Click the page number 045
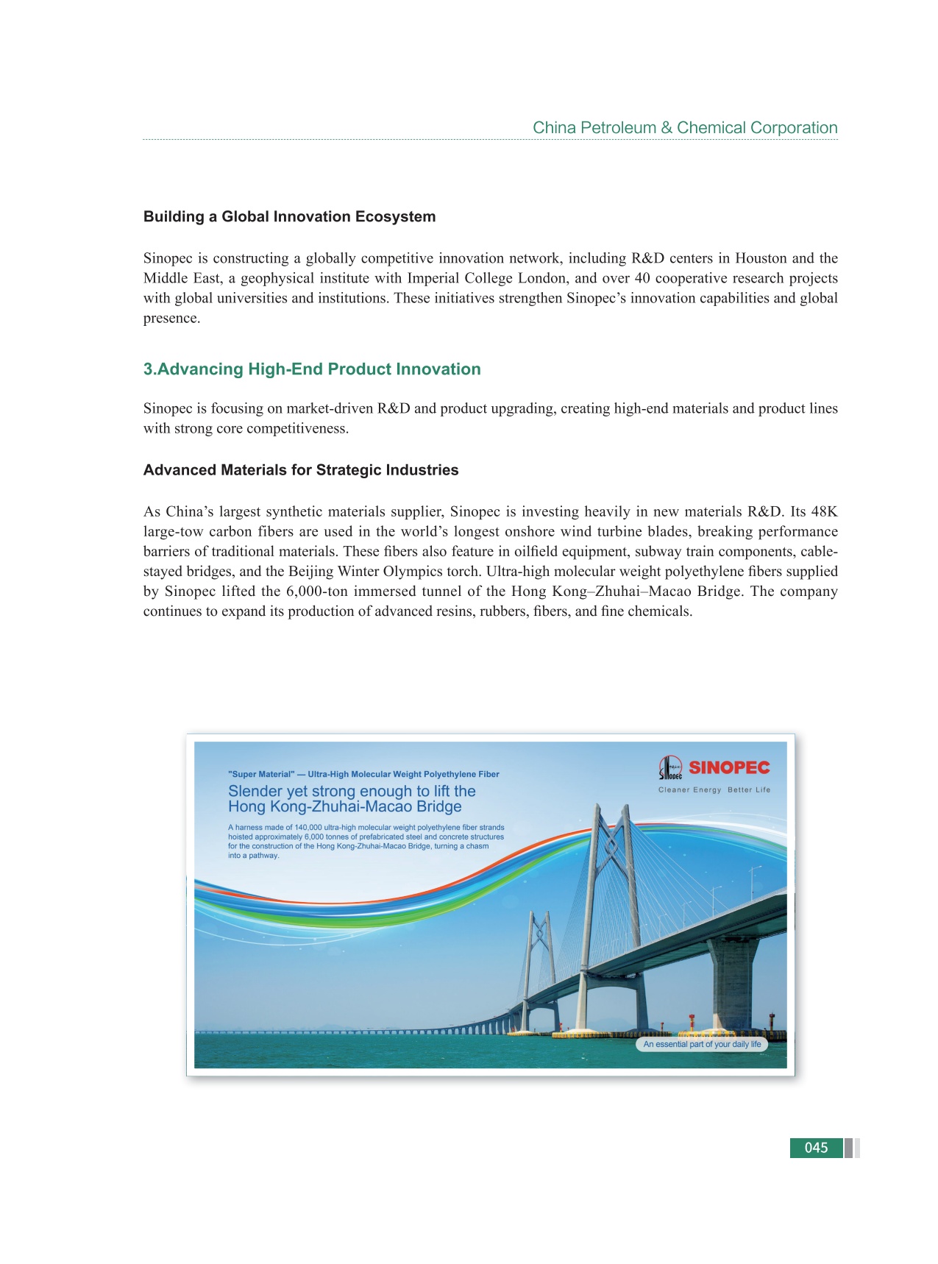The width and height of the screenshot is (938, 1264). pyautogui.click(x=816, y=1148)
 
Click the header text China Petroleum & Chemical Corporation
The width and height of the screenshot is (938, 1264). pyautogui.click(x=685, y=127)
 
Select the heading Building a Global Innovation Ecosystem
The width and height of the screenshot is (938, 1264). pyautogui.click(x=289, y=216)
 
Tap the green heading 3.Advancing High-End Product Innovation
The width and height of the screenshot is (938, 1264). pyautogui.click(x=312, y=369)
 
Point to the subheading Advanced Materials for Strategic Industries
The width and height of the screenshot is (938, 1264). pyautogui.click(x=301, y=469)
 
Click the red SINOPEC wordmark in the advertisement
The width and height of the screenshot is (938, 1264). pyautogui.click(x=729, y=767)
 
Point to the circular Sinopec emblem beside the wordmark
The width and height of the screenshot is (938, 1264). pyautogui.click(x=670, y=768)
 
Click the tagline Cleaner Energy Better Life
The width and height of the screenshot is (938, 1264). pyautogui.click(x=714, y=790)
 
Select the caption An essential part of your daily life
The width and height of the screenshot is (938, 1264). pyautogui.click(x=702, y=1044)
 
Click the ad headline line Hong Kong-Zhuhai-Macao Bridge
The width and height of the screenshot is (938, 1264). pyautogui.click(x=344, y=806)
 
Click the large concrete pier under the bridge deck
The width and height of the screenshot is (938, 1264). pyautogui.click(x=733, y=986)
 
